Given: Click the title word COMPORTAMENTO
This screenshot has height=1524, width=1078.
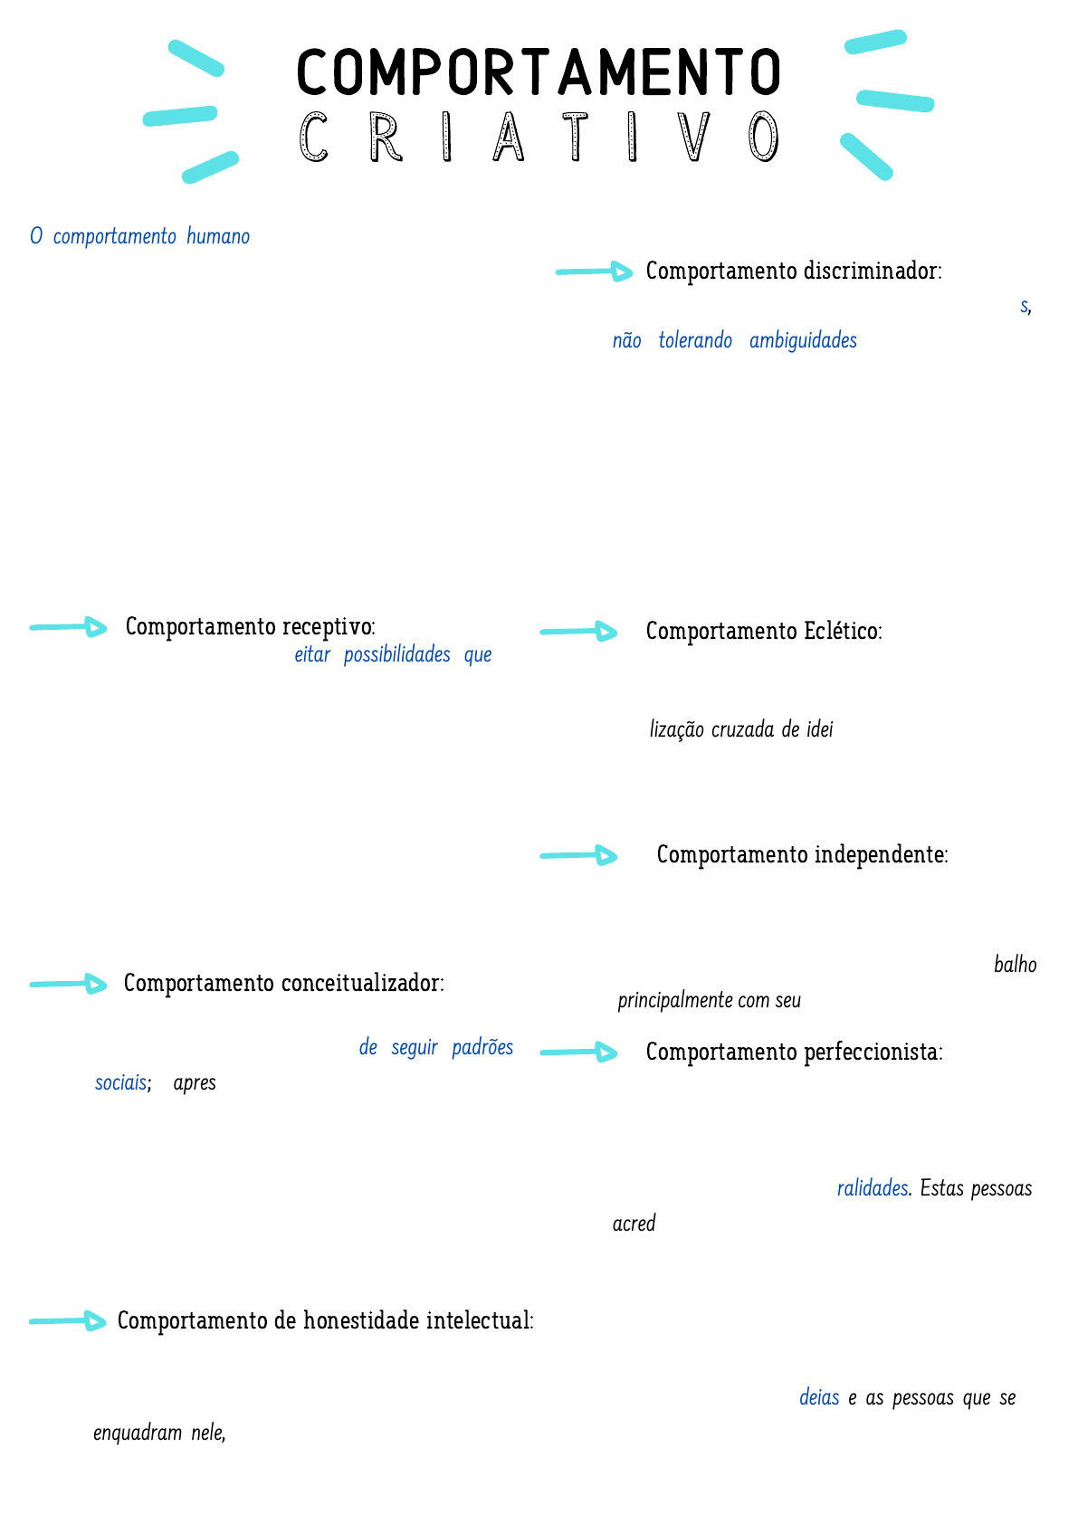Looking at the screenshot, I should pyautogui.click(x=538, y=72).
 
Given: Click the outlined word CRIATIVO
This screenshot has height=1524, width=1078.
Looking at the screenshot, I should pyautogui.click(x=538, y=138).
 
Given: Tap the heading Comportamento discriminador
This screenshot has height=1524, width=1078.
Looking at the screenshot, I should pyautogui.click(x=793, y=271).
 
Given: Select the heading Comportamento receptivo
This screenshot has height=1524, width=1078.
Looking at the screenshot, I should pyautogui.click(x=250, y=626).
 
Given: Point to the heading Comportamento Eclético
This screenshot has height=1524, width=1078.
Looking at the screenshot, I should pyautogui.click(x=763, y=631).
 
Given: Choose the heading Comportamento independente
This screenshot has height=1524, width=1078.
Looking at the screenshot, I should pyautogui.click(x=802, y=855).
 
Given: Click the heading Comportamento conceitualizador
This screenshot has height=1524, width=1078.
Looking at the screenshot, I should pyautogui.click(x=283, y=984).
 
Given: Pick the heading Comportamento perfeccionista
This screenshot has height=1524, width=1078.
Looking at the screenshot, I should pyautogui.click(x=794, y=1053).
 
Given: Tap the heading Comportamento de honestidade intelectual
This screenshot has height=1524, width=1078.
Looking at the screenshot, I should pyautogui.click(x=325, y=1321).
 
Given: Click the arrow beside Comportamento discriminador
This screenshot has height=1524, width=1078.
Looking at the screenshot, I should pyautogui.click(x=595, y=271).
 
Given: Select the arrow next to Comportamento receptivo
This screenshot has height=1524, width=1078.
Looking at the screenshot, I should pyautogui.click(x=69, y=627).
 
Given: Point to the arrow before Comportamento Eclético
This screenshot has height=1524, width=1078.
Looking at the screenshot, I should pyautogui.click(x=579, y=632).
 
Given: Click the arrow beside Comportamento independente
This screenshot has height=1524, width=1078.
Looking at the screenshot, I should pyautogui.click(x=579, y=855).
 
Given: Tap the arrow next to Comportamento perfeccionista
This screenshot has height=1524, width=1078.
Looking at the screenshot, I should pyautogui.click(x=579, y=1052).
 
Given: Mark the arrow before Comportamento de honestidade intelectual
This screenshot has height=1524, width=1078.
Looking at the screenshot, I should pyautogui.click(x=68, y=1321).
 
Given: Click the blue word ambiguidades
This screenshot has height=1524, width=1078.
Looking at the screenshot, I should pyautogui.click(x=803, y=341).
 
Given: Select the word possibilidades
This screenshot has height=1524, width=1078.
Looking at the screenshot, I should pyautogui.click(x=396, y=655).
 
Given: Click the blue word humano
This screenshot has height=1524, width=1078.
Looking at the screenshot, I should pyautogui.click(x=218, y=237).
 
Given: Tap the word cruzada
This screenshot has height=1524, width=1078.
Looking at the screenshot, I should pyautogui.click(x=742, y=730).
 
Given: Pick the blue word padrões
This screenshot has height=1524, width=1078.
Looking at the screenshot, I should pyautogui.click(x=482, y=1048).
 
